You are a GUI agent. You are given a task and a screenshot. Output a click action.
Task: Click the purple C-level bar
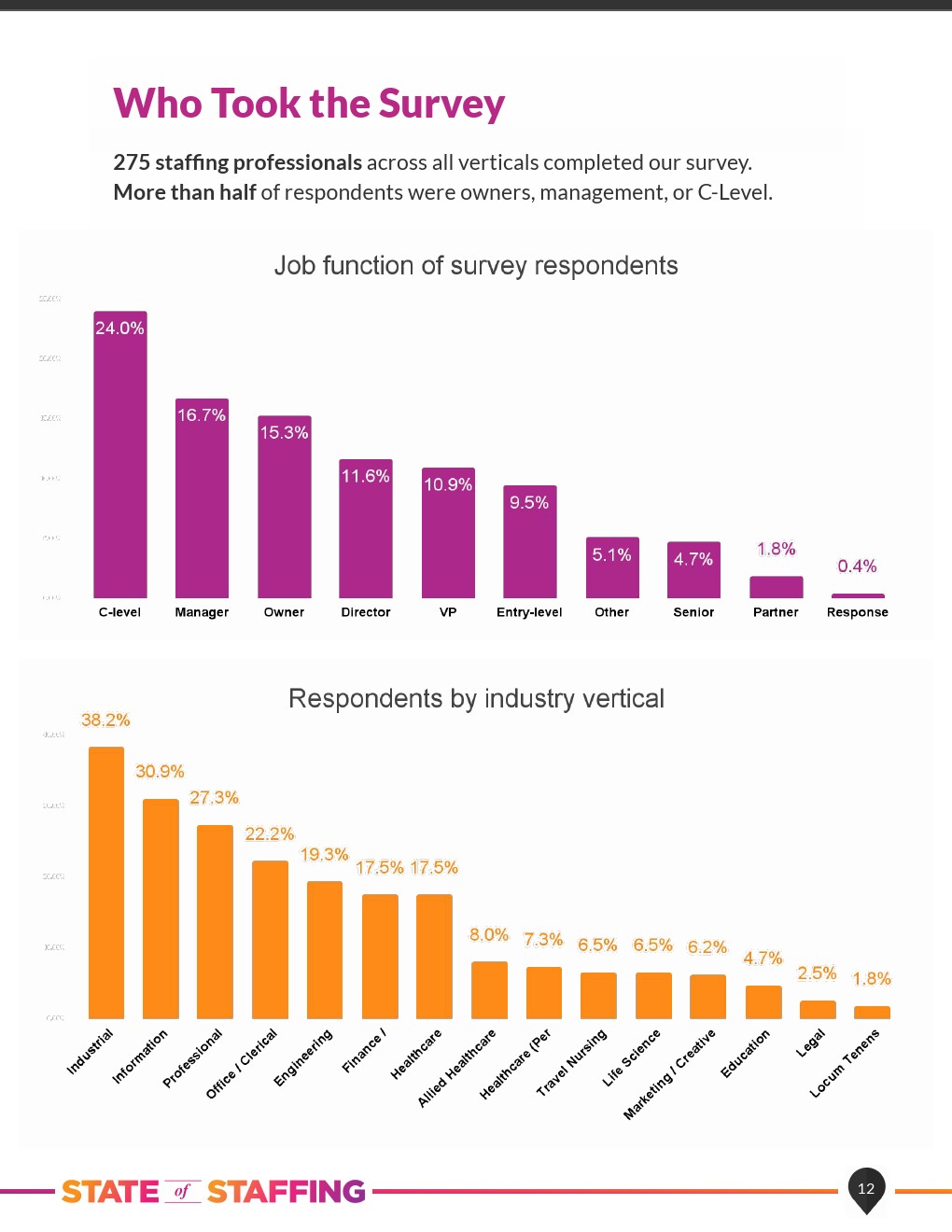(x=120, y=457)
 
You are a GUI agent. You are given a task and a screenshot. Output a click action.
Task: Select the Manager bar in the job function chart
(x=202, y=499)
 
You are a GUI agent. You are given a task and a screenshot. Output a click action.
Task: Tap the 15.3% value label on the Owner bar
(x=284, y=432)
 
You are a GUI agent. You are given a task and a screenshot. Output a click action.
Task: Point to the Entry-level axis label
(x=529, y=612)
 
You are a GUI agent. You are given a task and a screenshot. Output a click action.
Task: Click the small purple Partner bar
(x=776, y=587)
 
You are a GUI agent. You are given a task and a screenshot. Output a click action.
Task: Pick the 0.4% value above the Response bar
(x=857, y=567)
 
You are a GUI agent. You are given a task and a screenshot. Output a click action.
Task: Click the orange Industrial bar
(x=106, y=882)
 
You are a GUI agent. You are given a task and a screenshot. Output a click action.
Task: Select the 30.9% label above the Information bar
(x=160, y=772)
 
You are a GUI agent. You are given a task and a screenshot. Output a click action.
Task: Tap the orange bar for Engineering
(x=325, y=949)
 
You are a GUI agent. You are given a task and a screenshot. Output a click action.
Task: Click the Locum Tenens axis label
(x=845, y=1062)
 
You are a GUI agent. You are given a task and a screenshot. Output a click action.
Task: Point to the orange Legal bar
(x=818, y=1010)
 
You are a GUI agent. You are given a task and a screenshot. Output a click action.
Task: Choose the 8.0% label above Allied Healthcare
(x=489, y=935)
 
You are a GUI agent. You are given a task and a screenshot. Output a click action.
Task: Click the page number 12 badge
(x=866, y=1188)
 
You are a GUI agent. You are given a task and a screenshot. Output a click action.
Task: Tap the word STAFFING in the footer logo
(x=287, y=1192)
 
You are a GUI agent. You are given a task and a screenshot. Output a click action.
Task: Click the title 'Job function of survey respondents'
(x=476, y=266)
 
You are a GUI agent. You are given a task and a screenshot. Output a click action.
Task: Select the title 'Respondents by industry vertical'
(x=476, y=699)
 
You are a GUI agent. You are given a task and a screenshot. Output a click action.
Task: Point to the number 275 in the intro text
(x=132, y=162)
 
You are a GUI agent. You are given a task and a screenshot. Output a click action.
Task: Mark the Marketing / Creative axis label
(x=669, y=1074)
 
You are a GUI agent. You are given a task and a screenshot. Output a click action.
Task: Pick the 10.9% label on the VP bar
(x=448, y=484)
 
